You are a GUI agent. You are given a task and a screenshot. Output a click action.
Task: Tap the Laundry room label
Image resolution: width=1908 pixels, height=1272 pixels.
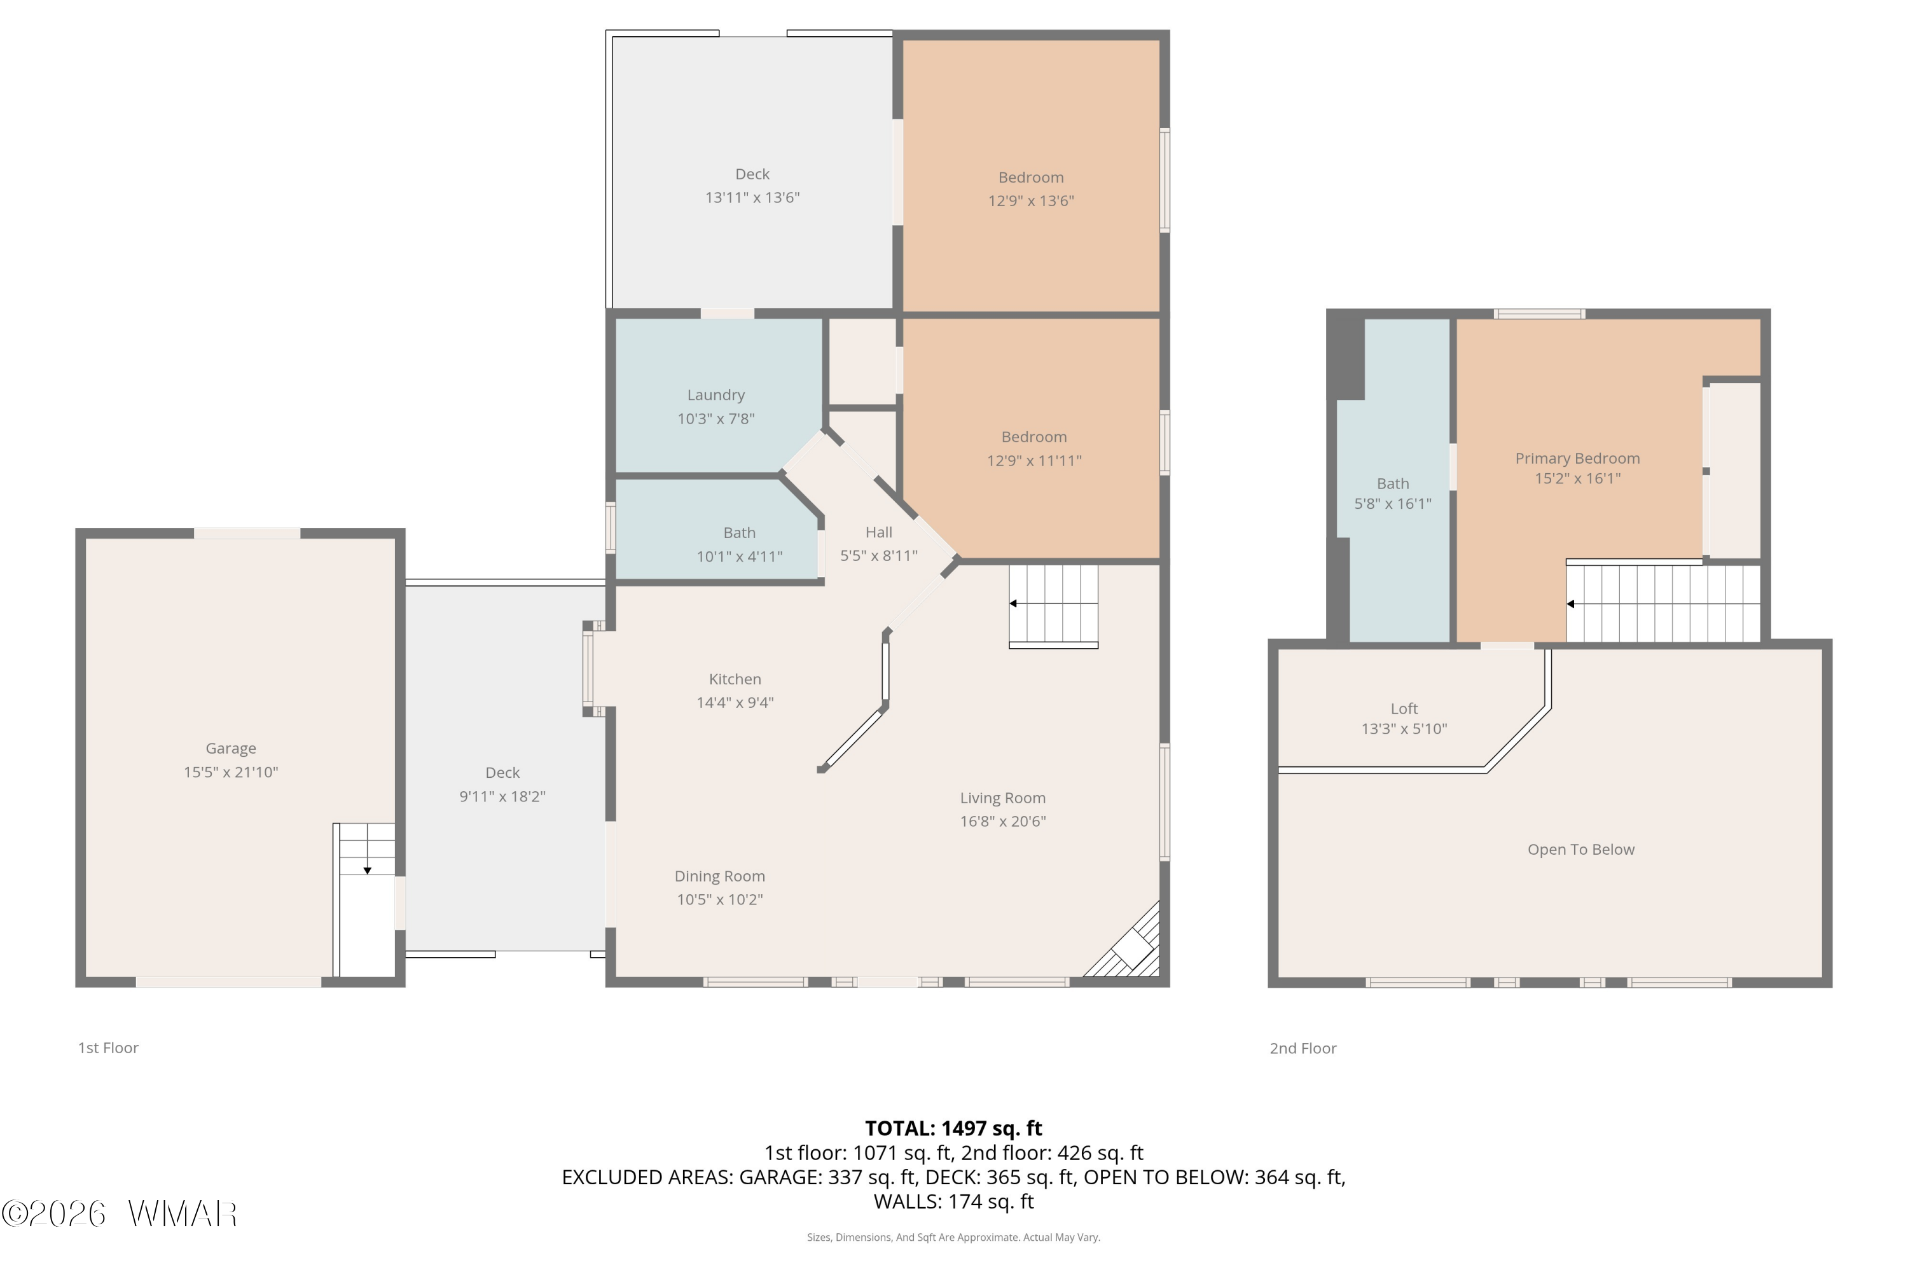point(715,395)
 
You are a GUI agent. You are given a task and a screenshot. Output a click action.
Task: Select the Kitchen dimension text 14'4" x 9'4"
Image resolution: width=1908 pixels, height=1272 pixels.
point(735,703)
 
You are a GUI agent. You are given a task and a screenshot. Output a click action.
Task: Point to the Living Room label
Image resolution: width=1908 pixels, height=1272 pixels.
point(1003,798)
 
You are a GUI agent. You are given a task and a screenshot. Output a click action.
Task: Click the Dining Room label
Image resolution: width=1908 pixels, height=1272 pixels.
point(719,876)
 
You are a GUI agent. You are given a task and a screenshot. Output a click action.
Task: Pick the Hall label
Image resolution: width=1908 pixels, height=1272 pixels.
point(878,532)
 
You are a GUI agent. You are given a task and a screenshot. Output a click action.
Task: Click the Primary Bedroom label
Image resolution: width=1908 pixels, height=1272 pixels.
point(1577,459)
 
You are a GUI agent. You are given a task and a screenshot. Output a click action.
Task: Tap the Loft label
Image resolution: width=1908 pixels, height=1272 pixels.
point(1404,709)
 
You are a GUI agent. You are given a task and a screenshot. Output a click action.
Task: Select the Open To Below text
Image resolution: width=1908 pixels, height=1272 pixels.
point(1580,849)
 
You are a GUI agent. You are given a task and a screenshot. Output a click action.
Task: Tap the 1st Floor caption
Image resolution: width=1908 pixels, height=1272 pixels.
point(108,1048)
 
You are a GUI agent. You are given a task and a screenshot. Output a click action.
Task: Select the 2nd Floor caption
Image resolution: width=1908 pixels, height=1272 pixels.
point(1303,1048)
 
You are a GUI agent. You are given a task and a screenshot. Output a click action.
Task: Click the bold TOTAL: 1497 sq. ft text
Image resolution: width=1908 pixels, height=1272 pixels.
point(953,1128)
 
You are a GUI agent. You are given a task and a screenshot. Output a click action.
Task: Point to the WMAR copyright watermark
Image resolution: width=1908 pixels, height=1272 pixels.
point(120,1213)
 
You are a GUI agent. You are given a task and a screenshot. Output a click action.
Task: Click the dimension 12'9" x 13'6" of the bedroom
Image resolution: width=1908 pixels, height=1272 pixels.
point(1030,200)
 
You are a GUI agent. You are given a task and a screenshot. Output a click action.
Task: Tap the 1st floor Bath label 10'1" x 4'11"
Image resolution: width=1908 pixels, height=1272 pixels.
point(739,544)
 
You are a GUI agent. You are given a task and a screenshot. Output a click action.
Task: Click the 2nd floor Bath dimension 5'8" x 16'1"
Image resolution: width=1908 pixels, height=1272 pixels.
point(1393,504)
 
